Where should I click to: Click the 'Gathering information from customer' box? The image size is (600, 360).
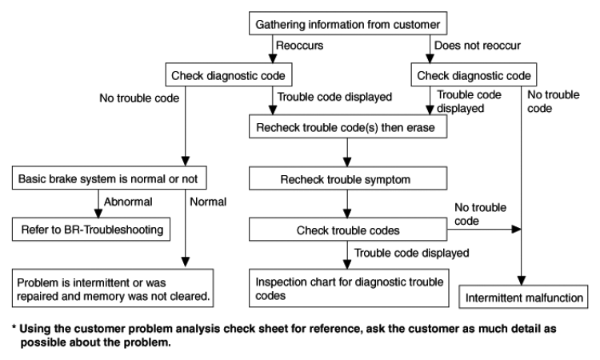tap(348, 23)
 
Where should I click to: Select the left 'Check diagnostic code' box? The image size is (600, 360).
tap(229, 74)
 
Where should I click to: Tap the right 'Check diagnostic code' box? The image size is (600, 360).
tap(474, 74)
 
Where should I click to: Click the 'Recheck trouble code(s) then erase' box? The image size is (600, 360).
tap(348, 126)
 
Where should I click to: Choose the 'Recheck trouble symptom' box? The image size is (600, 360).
tap(348, 178)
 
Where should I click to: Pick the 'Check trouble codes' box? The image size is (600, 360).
tap(348, 230)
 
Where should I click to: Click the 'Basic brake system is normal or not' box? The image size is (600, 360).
tap(110, 178)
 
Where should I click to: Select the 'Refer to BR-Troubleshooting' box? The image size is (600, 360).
tap(91, 229)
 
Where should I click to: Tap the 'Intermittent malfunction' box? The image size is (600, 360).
tap(523, 297)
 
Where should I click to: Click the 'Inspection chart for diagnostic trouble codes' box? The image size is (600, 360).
tap(349, 288)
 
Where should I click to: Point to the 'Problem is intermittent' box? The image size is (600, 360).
tap(113, 288)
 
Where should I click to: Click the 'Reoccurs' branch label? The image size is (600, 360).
tap(300, 46)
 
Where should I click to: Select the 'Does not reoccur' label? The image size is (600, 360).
tap(478, 46)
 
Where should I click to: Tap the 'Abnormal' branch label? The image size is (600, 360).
tap(128, 202)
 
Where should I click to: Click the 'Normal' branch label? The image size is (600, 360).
tap(208, 202)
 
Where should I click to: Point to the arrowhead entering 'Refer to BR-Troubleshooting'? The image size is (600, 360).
tap(98, 214)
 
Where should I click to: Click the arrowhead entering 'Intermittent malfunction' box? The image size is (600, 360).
tap(521, 281)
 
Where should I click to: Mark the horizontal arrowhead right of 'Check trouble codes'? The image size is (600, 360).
tap(517, 229)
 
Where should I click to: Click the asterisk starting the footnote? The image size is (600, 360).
tap(14, 327)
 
